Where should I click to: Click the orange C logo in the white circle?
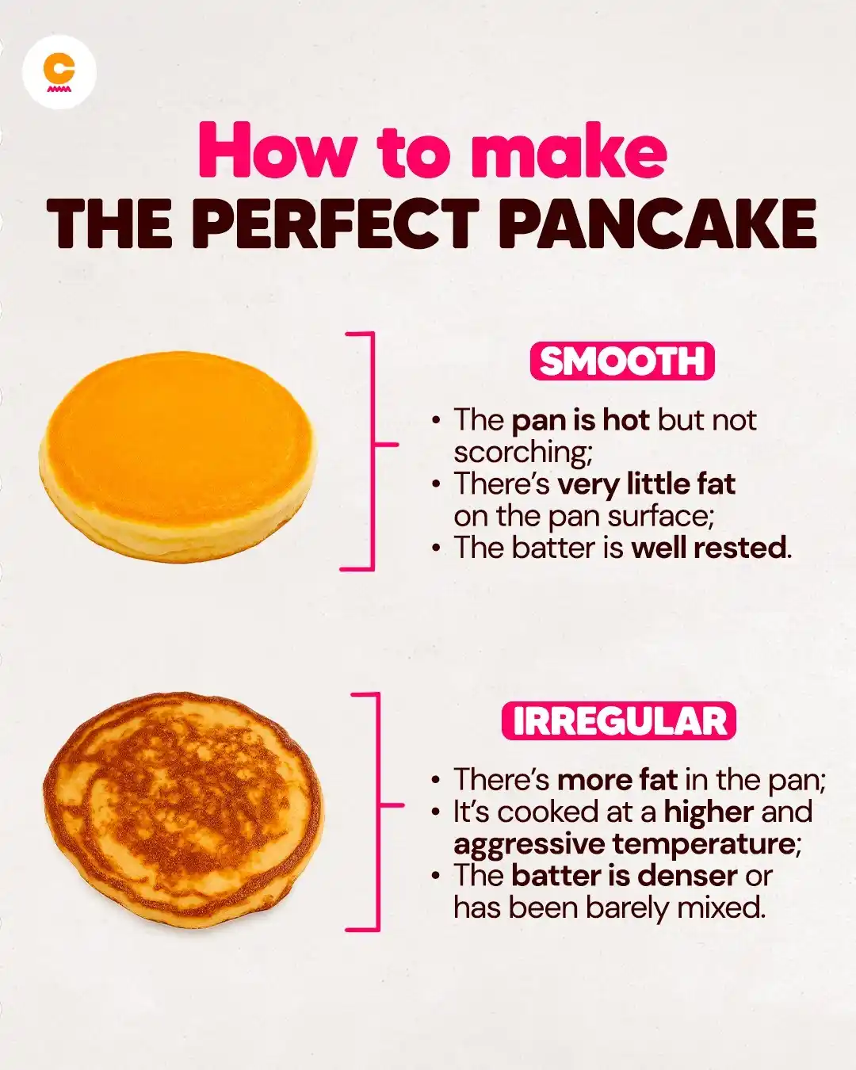coord(59,73)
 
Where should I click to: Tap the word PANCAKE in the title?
coord(661,224)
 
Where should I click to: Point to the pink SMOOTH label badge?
coord(621,361)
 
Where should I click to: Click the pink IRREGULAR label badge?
coord(619,720)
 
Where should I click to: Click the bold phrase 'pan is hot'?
coord(580,421)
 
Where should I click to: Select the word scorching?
coord(523,453)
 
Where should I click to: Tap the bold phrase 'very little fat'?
coord(646,483)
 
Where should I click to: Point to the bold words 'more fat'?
coord(617,779)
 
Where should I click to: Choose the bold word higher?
coord(709,812)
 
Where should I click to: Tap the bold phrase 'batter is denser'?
coord(625,876)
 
